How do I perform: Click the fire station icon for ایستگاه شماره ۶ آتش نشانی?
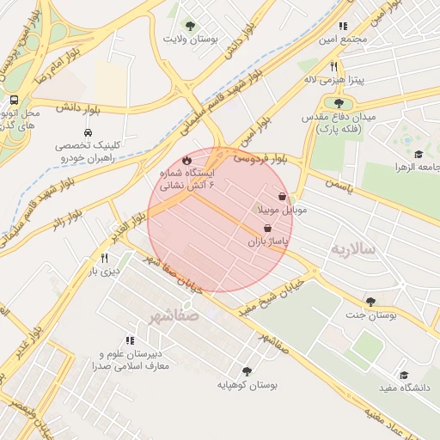186,160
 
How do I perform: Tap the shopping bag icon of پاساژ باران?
267,229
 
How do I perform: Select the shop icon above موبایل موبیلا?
282,196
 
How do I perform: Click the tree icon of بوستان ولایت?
190,26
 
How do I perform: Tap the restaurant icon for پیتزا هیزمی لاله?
333,66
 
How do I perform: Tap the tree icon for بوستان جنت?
370,302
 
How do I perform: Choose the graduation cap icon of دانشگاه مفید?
404,375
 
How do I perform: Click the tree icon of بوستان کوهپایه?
247,371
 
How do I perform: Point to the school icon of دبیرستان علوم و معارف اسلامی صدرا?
130,341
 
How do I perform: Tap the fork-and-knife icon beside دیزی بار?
104,257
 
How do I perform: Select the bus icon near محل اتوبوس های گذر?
13,100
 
